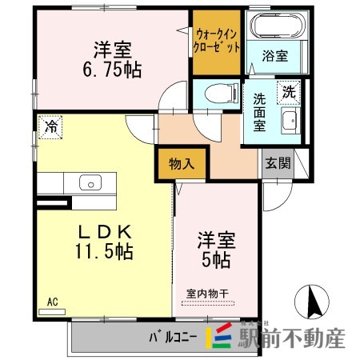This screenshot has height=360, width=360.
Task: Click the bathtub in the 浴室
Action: [x=278, y=26]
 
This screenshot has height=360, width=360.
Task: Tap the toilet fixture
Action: [x=222, y=93]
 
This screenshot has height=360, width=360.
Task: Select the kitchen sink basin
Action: [x=90, y=182]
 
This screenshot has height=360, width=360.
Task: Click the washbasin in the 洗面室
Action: [x=290, y=121]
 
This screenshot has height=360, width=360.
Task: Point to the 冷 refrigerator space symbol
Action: [x=50, y=127]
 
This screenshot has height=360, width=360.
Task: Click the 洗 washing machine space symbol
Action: [x=289, y=93]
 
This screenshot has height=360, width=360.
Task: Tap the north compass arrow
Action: [x=313, y=302]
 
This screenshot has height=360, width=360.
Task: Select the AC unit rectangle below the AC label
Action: [x=52, y=312]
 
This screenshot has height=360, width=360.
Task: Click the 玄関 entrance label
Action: [x=278, y=163]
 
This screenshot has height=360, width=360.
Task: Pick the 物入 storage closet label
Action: [x=182, y=164]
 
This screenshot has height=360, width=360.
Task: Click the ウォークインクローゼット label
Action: [x=217, y=42]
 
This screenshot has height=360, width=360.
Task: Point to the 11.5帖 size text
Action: [x=104, y=251]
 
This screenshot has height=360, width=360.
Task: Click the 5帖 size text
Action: [x=216, y=260]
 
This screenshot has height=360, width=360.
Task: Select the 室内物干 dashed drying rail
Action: [x=208, y=303]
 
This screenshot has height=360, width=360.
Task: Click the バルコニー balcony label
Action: [x=173, y=338]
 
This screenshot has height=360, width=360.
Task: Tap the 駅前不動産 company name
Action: [x=291, y=338]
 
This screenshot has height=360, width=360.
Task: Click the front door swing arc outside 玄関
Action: [x=283, y=202]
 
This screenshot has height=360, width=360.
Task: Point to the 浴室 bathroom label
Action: [x=275, y=56]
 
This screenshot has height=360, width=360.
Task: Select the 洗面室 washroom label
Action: [x=259, y=112]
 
